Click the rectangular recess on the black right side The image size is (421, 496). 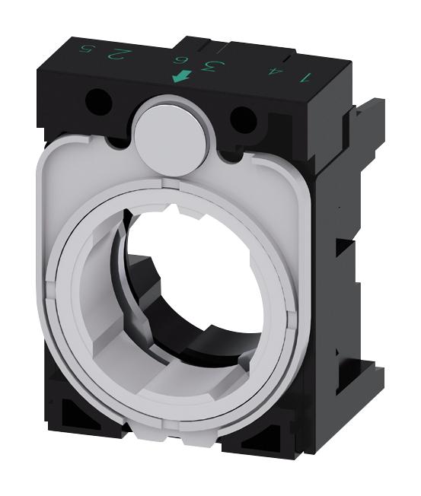[x=345, y=259]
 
